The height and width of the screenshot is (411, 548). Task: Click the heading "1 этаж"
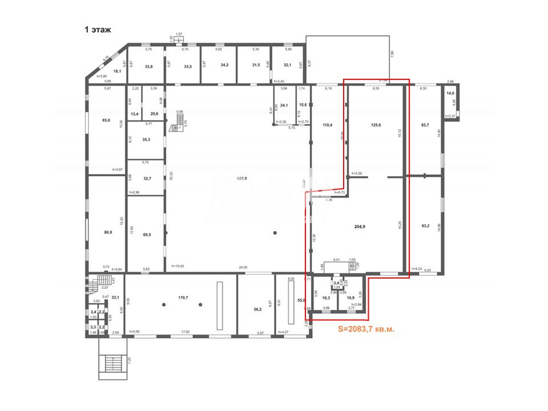click(98, 30)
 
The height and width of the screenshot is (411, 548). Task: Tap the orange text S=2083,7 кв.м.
click(366, 329)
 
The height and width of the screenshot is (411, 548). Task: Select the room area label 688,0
click(242, 178)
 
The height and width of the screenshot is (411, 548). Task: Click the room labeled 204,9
click(359, 227)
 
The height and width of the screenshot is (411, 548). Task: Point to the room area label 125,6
click(376, 125)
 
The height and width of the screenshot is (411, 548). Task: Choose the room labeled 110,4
click(327, 125)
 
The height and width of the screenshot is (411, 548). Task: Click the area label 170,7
click(183, 297)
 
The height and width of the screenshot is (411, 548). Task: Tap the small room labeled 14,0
click(450, 93)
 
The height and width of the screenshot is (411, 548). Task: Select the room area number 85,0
click(106, 120)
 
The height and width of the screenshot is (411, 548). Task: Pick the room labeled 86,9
click(108, 232)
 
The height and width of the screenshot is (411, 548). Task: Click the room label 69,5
click(147, 235)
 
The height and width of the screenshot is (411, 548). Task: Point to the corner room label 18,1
click(117, 71)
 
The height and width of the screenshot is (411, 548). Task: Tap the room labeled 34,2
click(224, 65)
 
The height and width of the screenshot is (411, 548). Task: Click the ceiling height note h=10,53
click(178, 266)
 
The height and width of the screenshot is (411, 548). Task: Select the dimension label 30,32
click(171, 176)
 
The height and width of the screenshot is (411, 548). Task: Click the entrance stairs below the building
click(113, 363)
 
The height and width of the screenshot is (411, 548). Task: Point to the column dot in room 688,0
click(275, 233)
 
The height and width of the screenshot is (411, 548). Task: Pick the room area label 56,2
click(258, 309)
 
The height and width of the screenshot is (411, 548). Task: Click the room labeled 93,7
click(425, 125)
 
